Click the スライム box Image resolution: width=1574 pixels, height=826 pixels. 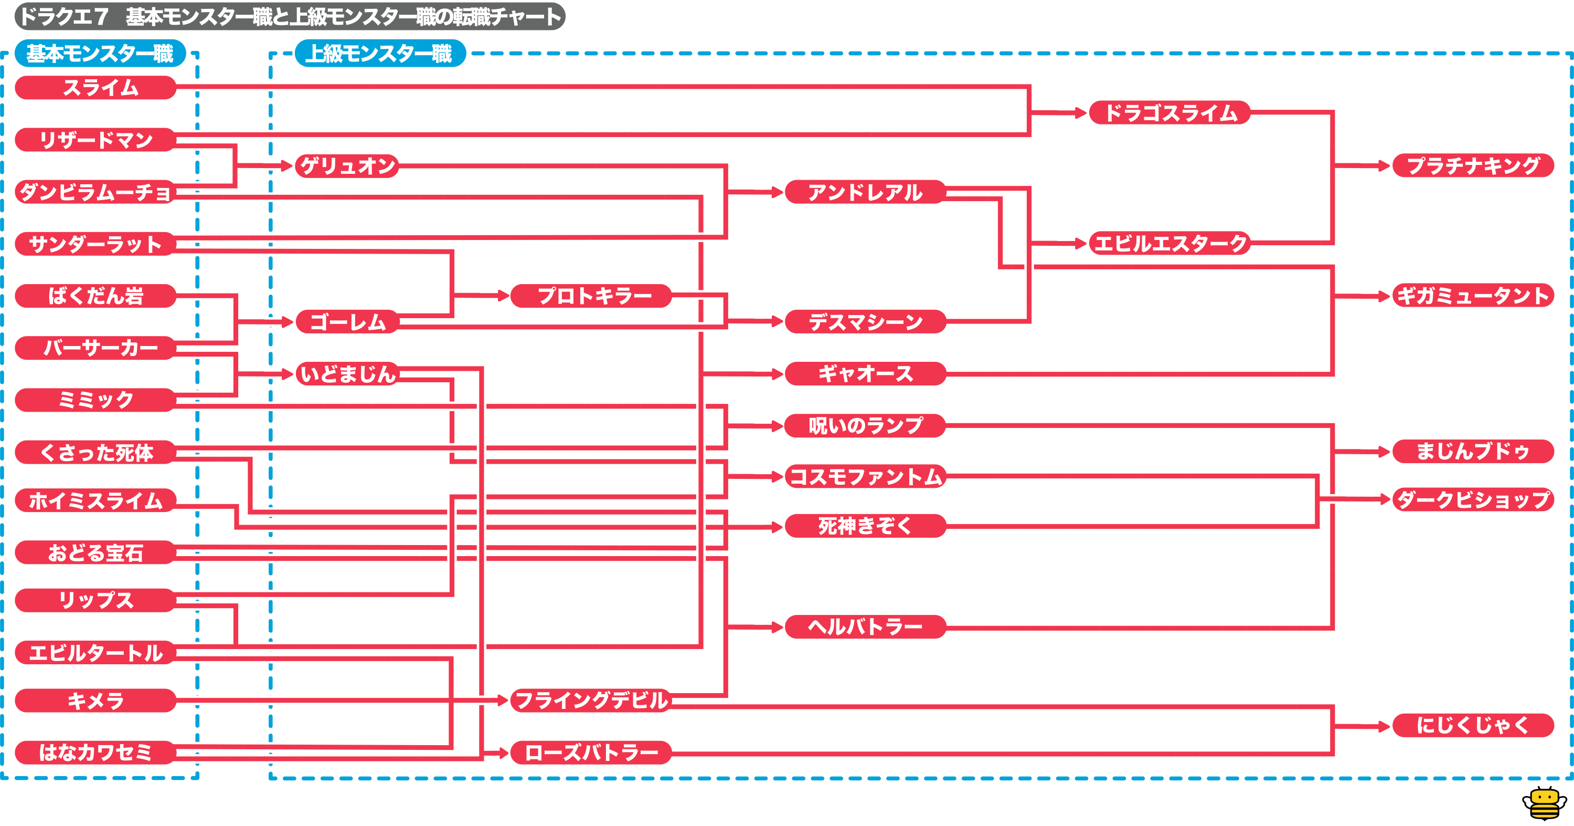(x=95, y=87)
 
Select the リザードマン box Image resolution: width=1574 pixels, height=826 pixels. (x=95, y=140)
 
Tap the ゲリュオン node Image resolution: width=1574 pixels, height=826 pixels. (x=347, y=166)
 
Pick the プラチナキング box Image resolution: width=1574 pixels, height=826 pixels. (x=1473, y=165)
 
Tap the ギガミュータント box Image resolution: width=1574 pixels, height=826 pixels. (x=1473, y=296)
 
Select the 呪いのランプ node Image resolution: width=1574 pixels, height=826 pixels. (x=865, y=425)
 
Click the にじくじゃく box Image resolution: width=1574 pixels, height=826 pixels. (x=1473, y=725)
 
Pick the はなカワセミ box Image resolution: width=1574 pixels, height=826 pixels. (x=95, y=752)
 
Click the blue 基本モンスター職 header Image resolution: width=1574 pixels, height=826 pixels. (x=100, y=53)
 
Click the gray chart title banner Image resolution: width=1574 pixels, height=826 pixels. (x=290, y=16)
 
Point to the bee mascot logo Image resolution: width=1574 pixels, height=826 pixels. (x=1544, y=803)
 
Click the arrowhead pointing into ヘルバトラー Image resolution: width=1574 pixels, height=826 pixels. (x=777, y=626)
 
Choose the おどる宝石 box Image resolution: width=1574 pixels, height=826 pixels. (x=95, y=553)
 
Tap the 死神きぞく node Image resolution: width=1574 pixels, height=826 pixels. (x=865, y=526)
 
